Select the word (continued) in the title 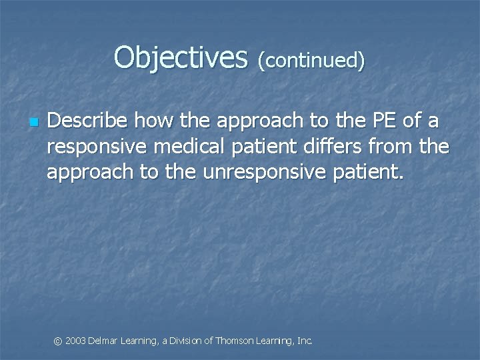tap(311, 61)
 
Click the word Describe tap(87, 121)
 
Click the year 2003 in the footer tap(76, 341)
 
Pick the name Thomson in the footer tap(235, 341)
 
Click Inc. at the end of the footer tap(304, 341)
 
